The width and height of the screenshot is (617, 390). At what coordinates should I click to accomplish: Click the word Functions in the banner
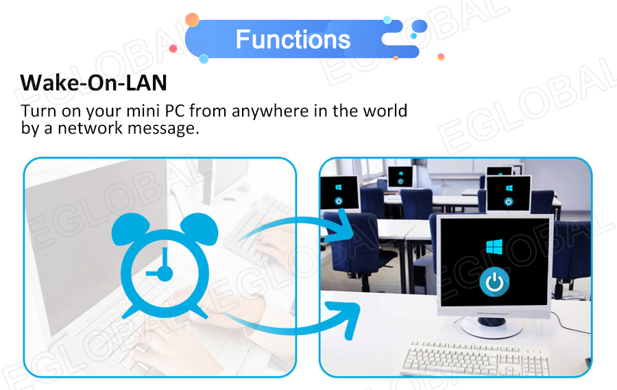(293, 39)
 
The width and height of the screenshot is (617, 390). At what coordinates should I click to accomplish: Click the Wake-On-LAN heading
(94, 83)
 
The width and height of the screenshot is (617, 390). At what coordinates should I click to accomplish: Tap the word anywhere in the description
(270, 111)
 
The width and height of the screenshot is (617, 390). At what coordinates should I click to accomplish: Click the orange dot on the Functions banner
(192, 20)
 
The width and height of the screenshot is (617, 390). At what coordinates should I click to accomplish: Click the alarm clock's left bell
(128, 228)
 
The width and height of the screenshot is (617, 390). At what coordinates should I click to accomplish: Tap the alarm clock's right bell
(201, 228)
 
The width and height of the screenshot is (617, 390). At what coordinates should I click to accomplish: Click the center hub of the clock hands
(165, 273)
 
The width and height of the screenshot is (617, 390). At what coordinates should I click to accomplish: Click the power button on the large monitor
(494, 282)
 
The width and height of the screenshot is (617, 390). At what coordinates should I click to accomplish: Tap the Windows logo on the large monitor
(494, 247)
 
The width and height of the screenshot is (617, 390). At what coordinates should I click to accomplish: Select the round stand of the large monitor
(492, 327)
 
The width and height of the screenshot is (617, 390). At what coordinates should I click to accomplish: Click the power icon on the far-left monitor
(339, 201)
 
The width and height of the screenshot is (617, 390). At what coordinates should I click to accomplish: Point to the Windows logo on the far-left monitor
(339, 187)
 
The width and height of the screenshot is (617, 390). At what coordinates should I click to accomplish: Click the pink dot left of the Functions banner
(173, 49)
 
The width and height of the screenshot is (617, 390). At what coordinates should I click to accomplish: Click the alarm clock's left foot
(130, 312)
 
